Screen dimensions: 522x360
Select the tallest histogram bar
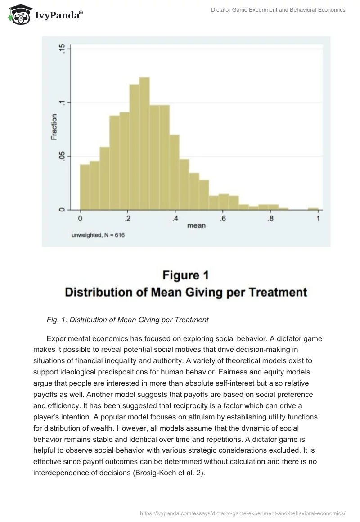pyautogui.click(x=144, y=144)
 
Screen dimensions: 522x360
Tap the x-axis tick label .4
pyautogui.click(x=175, y=219)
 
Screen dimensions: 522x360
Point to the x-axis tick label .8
pyautogui.click(x=270, y=219)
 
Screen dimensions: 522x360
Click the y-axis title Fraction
pyautogui.click(x=54, y=128)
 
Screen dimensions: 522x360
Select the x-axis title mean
pyautogui.click(x=196, y=225)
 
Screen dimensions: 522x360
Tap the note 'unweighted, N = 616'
pyautogui.click(x=98, y=235)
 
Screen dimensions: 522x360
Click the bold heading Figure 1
pyautogui.click(x=186, y=275)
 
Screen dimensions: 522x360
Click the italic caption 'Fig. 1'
pyautogui.click(x=56, y=320)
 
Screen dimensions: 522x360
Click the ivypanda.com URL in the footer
pyautogui.click(x=243, y=513)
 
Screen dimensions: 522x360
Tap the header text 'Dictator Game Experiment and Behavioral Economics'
pyautogui.click(x=278, y=10)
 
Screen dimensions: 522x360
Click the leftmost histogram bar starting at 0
pyautogui.click(x=85, y=187)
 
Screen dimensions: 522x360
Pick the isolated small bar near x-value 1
pyautogui.click(x=313, y=209)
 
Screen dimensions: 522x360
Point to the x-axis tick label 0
pyautogui.click(x=80, y=219)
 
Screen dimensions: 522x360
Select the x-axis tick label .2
pyautogui.click(x=128, y=219)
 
